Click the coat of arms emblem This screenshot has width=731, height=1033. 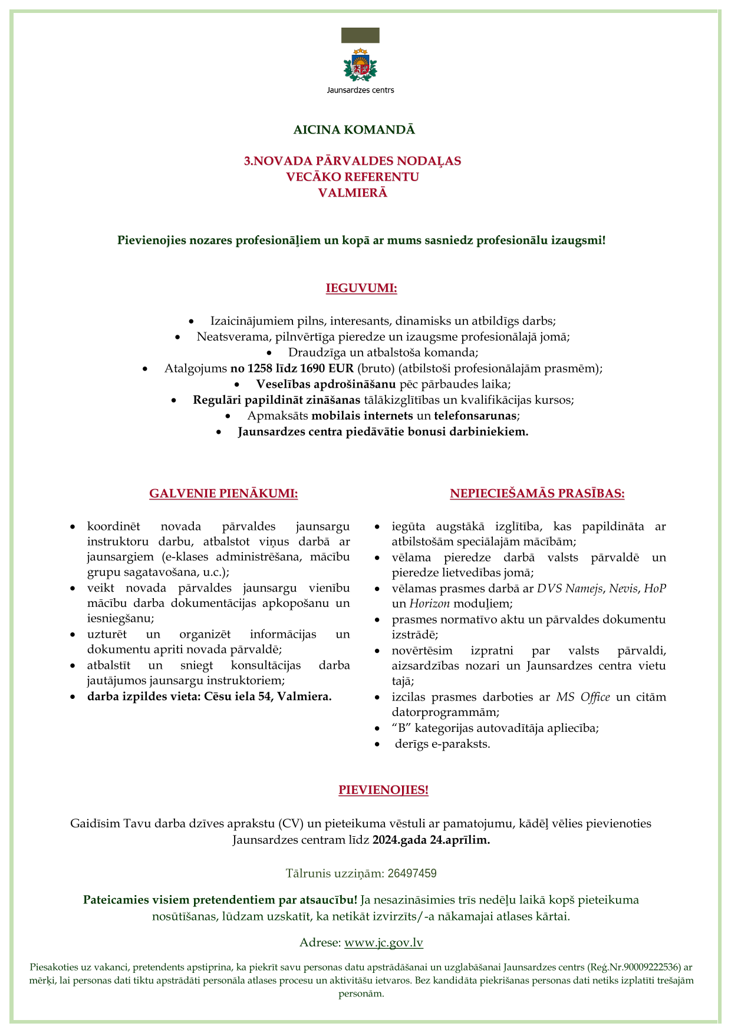click(360, 65)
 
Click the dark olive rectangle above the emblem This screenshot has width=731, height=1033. click(360, 35)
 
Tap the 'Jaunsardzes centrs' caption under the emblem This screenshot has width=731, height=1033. click(360, 90)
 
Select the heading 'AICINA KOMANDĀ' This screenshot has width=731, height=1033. click(354, 130)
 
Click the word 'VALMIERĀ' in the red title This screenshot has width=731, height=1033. click(353, 193)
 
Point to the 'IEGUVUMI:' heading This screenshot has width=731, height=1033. click(361, 288)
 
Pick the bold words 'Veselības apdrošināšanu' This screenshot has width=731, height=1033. click(326, 384)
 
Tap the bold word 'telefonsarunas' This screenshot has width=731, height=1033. click(475, 415)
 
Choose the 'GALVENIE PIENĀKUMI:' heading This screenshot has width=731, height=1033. click(223, 493)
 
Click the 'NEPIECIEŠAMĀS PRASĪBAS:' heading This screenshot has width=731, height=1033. click(537, 493)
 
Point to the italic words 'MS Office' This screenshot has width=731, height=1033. click(583, 697)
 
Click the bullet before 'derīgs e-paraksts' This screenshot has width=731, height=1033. click(377, 744)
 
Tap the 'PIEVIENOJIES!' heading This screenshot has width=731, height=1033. click(383, 790)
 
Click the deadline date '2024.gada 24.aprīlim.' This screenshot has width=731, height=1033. click(431, 840)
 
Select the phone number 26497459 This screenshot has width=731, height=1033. click(412, 873)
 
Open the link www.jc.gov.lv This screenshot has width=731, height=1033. click(384, 942)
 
